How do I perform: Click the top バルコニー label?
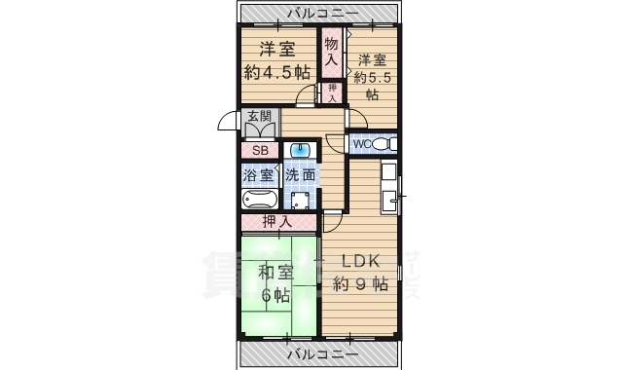(321, 14)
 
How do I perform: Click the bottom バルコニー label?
(321, 352)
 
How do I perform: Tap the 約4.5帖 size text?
(277, 72)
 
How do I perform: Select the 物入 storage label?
(332, 52)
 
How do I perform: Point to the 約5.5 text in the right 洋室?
(372, 77)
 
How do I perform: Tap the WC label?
(361, 144)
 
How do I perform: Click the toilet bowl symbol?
(382, 144)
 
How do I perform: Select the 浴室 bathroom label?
(259, 176)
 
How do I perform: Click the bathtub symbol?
(260, 200)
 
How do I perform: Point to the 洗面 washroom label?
(301, 176)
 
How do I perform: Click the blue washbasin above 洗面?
(300, 151)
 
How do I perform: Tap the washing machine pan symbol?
(301, 202)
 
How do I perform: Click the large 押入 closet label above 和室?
(277, 221)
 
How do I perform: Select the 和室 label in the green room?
(275, 273)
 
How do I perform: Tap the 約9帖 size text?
(360, 284)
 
